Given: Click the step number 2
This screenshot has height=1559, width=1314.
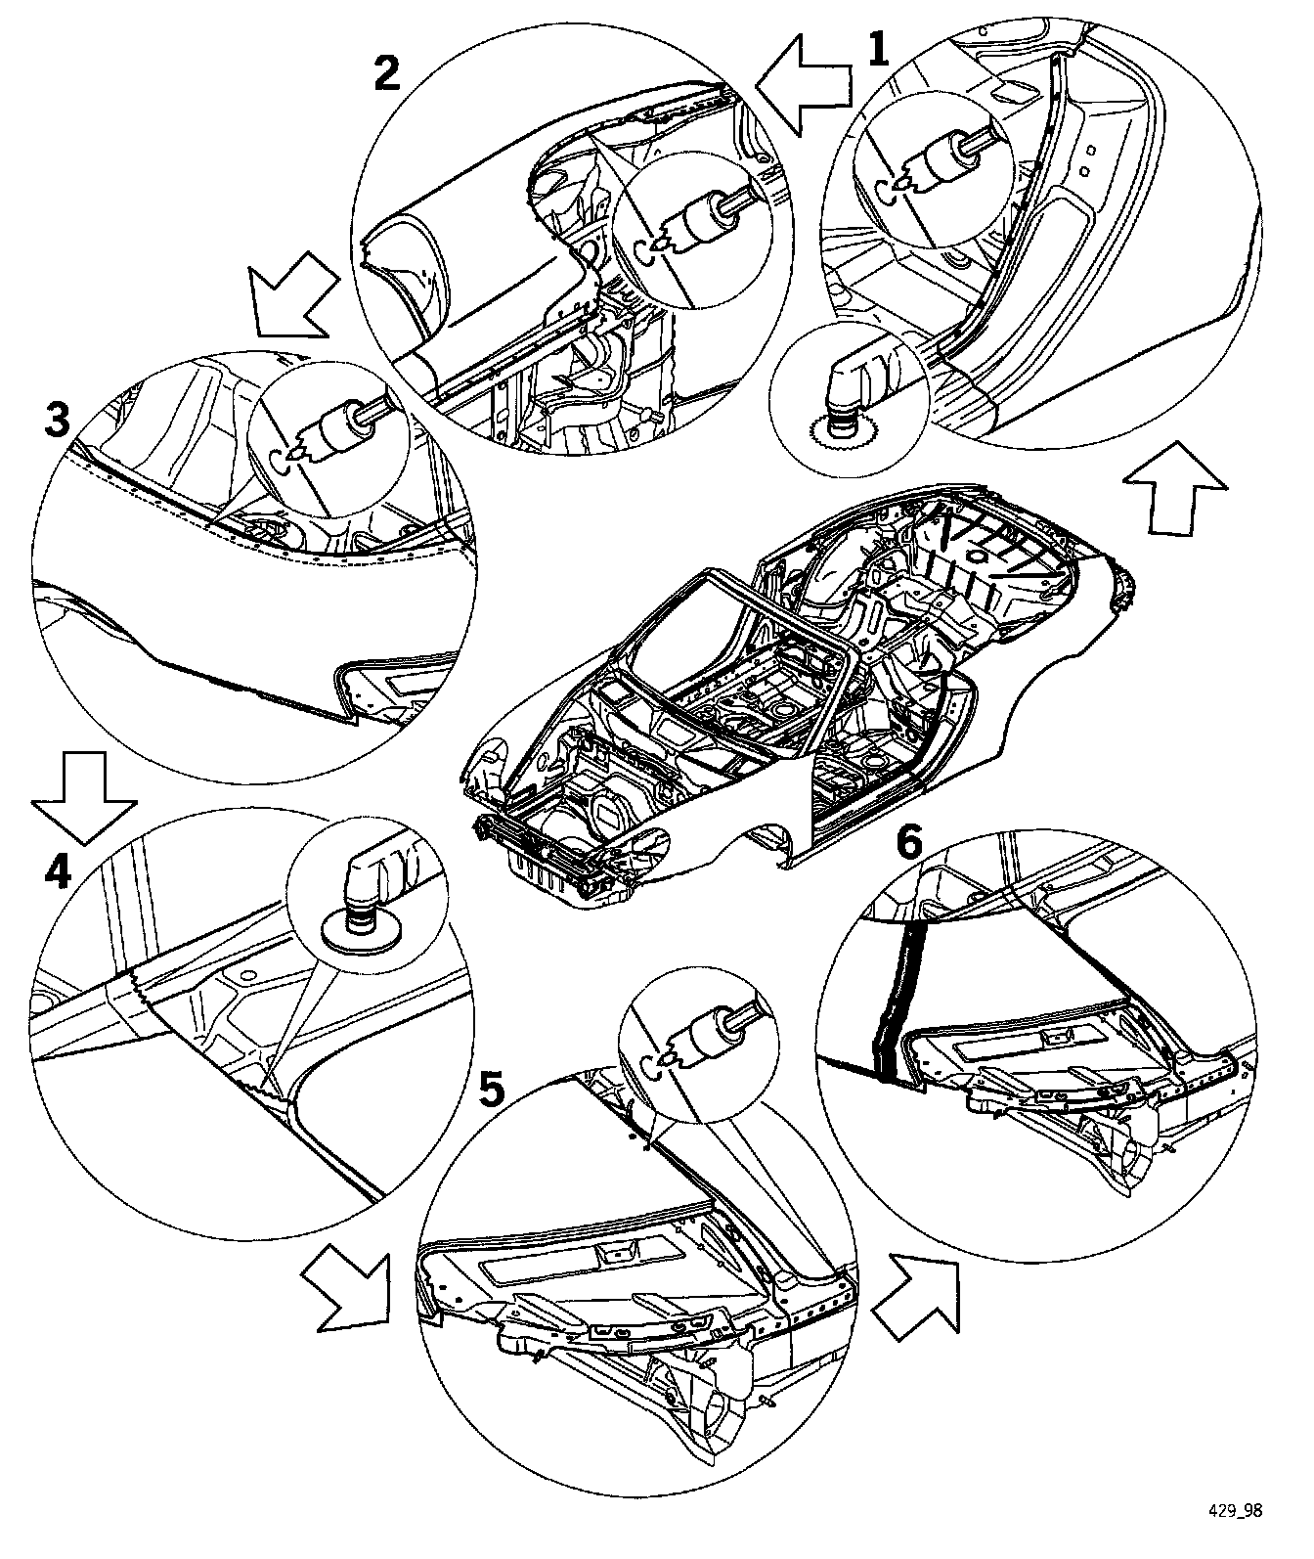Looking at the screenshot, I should (388, 73).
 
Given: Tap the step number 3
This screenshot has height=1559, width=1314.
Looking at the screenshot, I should (59, 422).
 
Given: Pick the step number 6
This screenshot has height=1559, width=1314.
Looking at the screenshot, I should (908, 843).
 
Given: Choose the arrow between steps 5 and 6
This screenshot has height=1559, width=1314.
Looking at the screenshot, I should (917, 1297).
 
